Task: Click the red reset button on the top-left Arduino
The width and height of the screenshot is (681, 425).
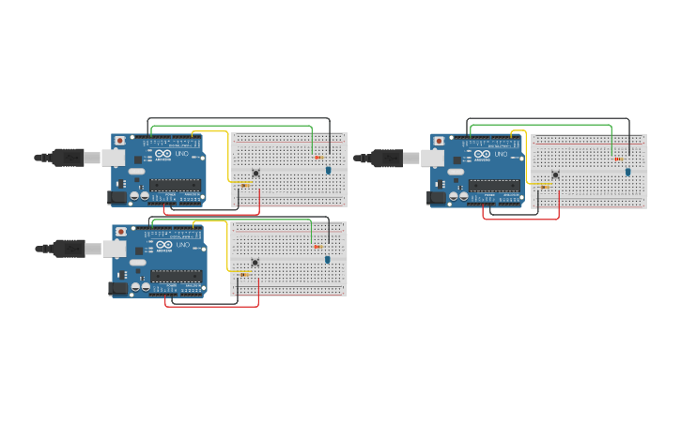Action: (x=119, y=141)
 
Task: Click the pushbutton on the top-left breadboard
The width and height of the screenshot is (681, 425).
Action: (x=255, y=173)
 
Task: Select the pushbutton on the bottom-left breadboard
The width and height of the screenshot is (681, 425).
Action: (x=255, y=263)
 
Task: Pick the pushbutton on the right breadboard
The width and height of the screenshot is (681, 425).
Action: (x=555, y=175)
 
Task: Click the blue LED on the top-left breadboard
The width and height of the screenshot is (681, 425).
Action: (x=329, y=170)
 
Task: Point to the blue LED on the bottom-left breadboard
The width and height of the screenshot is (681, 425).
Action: (x=328, y=259)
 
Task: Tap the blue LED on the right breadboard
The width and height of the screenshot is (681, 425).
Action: (x=628, y=172)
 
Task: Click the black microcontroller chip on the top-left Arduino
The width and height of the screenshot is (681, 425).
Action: (x=175, y=185)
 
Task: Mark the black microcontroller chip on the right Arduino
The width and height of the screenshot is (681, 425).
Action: (x=494, y=186)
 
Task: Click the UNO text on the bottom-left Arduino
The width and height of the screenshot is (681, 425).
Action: (x=180, y=245)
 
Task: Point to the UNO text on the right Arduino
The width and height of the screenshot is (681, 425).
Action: (x=500, y=154)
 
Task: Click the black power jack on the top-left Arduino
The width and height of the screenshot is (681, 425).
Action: (x=117, y=197)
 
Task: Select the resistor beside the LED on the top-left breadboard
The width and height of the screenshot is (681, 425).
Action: (x=317, y=157)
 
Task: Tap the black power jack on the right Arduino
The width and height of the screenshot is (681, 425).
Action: (x=436, y=198)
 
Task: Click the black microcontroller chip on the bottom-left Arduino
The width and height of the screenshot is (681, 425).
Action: (x=176, y=276)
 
